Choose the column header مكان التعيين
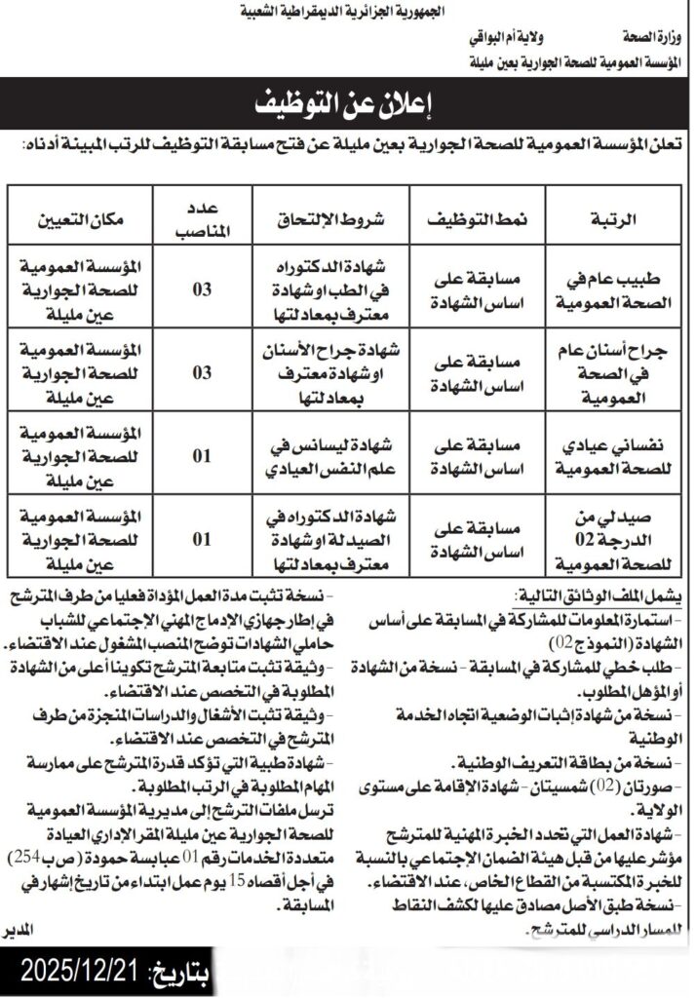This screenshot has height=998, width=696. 82,219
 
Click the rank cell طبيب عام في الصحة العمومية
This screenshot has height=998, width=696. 613,289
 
